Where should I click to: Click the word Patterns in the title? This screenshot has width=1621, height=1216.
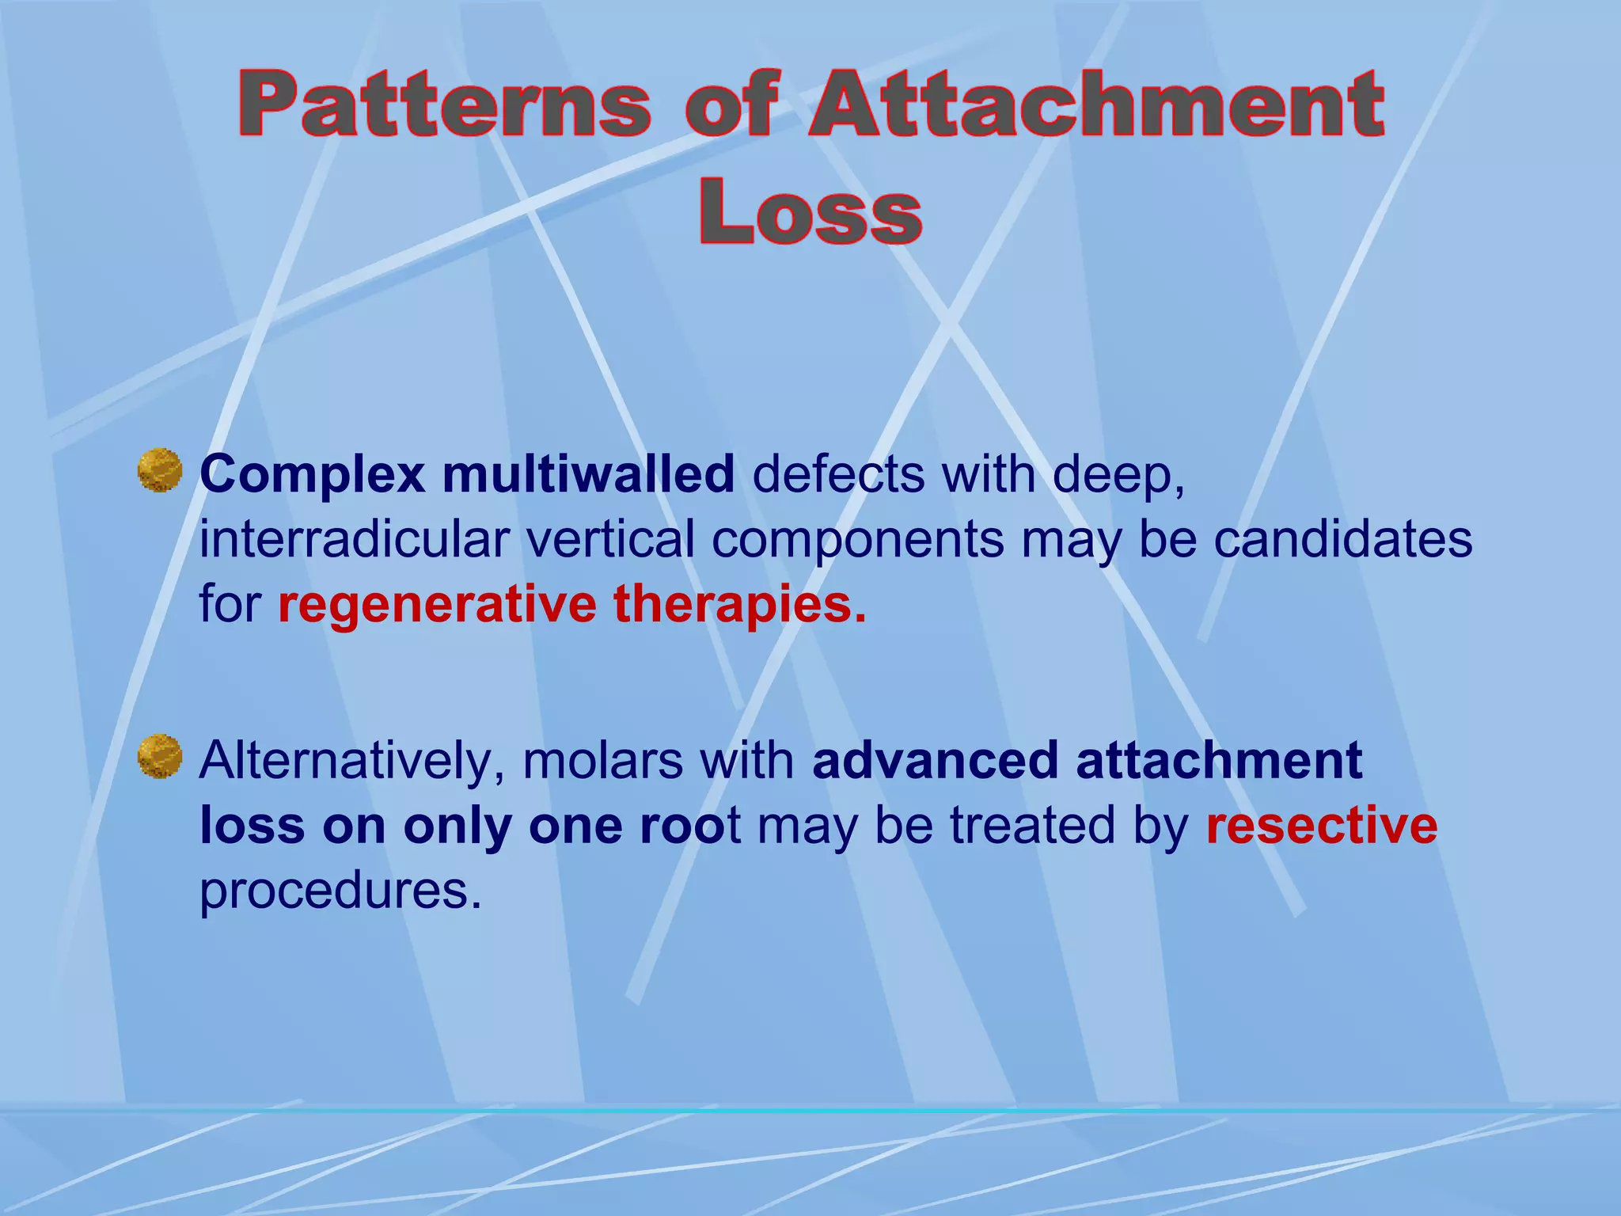tap(445, 105)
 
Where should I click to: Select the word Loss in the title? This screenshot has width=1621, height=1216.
tap(810, 212)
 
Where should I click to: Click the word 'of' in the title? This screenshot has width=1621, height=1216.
tap(732, 105)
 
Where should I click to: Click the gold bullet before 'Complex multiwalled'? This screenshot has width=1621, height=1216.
tap(160, 471)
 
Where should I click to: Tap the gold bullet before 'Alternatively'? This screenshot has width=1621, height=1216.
tap(160, 756)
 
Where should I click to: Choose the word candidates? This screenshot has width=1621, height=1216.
tap(1343, 540)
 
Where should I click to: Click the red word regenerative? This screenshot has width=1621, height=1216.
tap(437, 606)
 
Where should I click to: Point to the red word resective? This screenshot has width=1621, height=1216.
tap(1321, 826)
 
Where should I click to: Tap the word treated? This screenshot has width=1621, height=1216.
tap(1033, 826)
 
